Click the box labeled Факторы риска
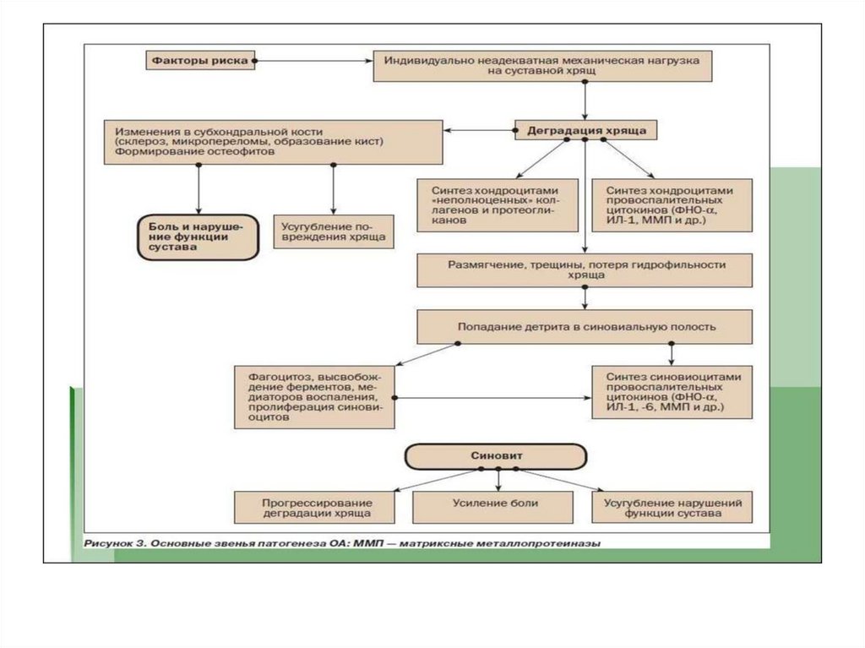tap(198, 61)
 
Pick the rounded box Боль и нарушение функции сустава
tap(198, 237)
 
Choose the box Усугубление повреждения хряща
tap(334, 232)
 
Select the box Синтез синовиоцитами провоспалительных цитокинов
tap(671, 391)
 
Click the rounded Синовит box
tap(496, 456)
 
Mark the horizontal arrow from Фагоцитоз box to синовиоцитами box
tap(494, 397)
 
